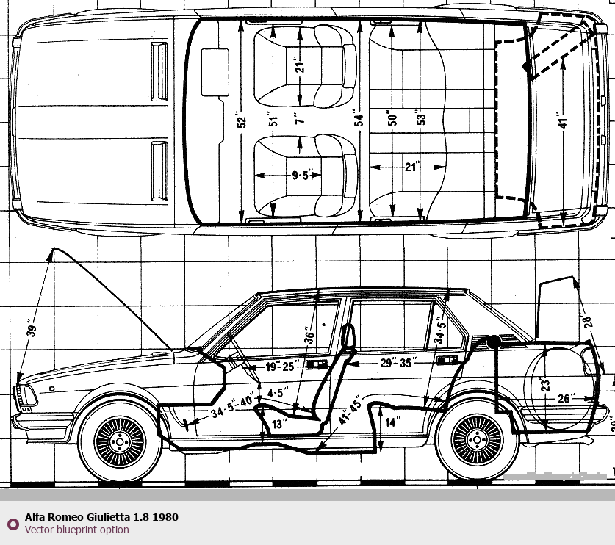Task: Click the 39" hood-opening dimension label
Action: (x=31, y=328)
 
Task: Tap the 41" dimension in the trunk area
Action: (x=563, y=122)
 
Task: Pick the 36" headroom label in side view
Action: (x=310, y=336)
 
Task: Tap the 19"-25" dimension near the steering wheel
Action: (x=279, y=367)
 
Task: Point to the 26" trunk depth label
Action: (x=566, y=400)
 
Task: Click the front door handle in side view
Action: (x=317, y=365)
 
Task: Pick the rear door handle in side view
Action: (x=447, y=360)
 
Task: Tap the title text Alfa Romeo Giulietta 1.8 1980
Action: (x=101, y=517)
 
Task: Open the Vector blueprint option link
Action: (x=77, y=530)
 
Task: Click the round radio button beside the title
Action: (x=12, y=524)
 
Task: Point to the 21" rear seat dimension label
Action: (x=411, y=167)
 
